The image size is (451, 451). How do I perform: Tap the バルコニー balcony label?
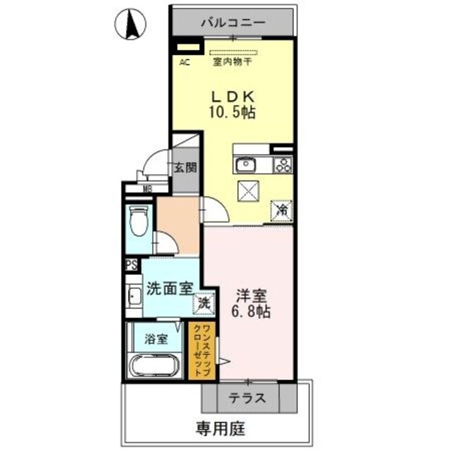233,22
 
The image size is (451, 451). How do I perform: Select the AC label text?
184,63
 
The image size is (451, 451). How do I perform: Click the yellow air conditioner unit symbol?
187,49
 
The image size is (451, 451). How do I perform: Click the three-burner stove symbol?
283,166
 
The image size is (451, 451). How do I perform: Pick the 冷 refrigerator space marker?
281,209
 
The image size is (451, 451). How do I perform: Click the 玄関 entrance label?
186,168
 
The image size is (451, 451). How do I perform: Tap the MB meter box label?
147,188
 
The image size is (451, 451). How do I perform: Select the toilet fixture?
138,223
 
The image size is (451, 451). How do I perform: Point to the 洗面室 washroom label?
169,288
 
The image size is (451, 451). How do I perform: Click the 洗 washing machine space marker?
204,304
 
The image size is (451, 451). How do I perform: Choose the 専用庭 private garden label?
217,427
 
